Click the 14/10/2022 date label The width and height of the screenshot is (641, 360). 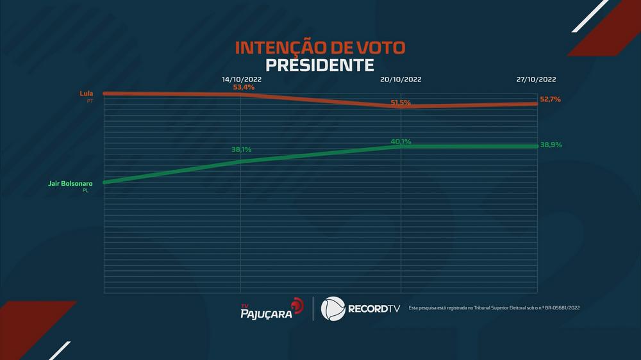pos(242,79)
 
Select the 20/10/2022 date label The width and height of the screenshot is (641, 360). pos(401,79)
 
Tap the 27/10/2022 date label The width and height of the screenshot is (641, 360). pos(536,79)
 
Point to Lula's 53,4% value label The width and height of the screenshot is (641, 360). pos(244,87)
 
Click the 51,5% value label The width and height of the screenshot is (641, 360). pos(401,102)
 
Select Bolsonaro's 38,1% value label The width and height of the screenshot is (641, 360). pos(242,149)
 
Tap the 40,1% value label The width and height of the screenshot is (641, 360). pos(401,141)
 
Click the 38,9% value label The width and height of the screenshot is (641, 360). pos(551,145)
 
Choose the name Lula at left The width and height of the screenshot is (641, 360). pos(86,94)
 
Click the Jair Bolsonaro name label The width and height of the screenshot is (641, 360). pos(71,183)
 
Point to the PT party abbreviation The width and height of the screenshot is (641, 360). pos(90,101)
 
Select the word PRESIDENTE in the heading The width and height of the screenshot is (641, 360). pos(320,65)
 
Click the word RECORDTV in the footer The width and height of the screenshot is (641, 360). pos(374,309)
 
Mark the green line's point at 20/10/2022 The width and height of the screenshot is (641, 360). pos(401,147)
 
